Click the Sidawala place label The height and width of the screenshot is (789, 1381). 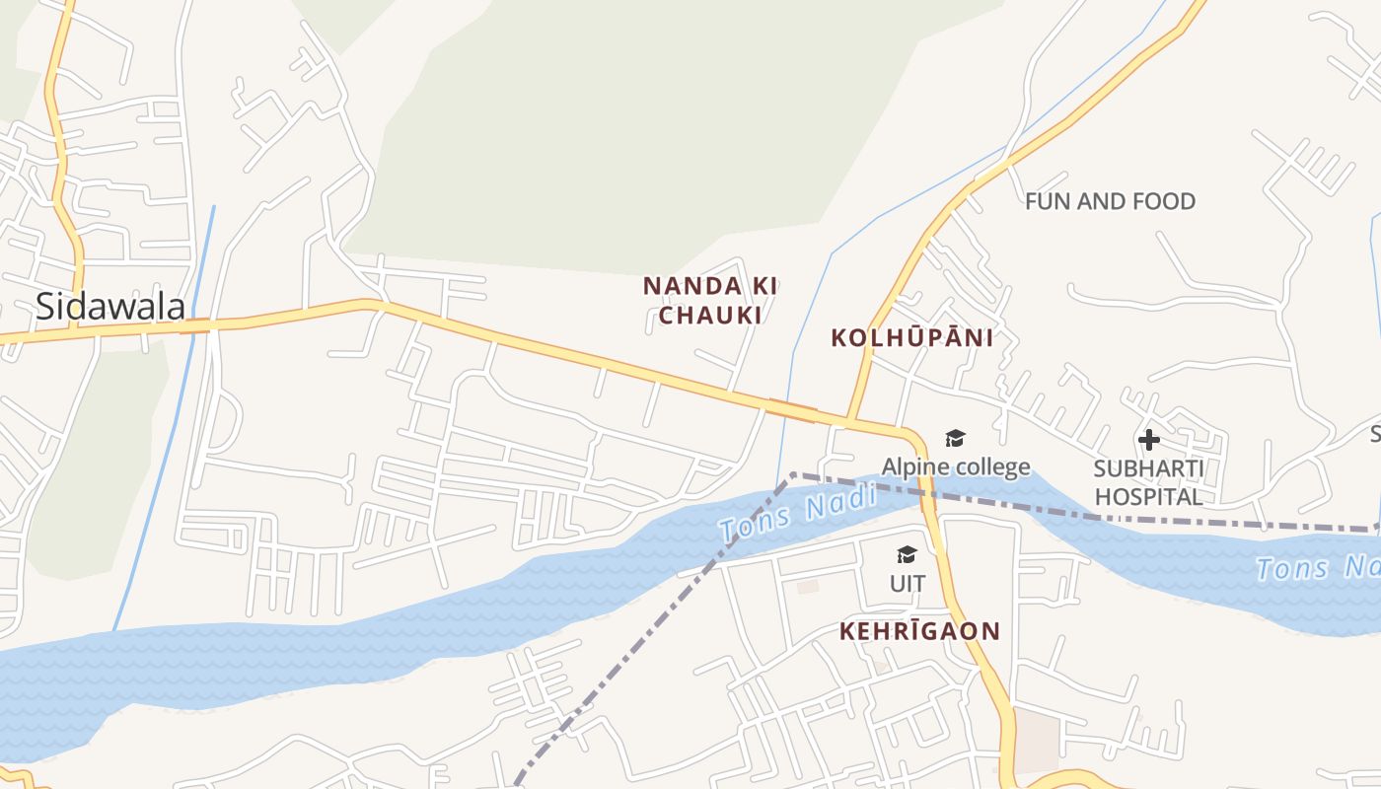[109, 306]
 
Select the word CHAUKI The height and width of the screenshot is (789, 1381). [710, 316]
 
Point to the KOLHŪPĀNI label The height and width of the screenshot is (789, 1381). [911, 337]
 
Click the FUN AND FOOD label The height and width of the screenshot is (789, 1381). [1110, 201]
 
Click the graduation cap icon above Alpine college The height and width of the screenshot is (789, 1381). [955, 438]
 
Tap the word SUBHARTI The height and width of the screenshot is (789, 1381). [1149, 467]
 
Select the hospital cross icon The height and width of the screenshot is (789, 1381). [1149, 439]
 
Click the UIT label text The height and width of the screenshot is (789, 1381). [908, 584]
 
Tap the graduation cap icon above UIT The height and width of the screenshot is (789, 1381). [908, 555]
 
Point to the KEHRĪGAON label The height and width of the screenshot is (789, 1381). [919, 631]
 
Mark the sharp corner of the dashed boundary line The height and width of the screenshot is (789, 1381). [793, 475]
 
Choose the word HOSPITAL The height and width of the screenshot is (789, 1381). [1149, 496]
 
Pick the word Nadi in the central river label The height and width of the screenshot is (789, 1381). [838, 503]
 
